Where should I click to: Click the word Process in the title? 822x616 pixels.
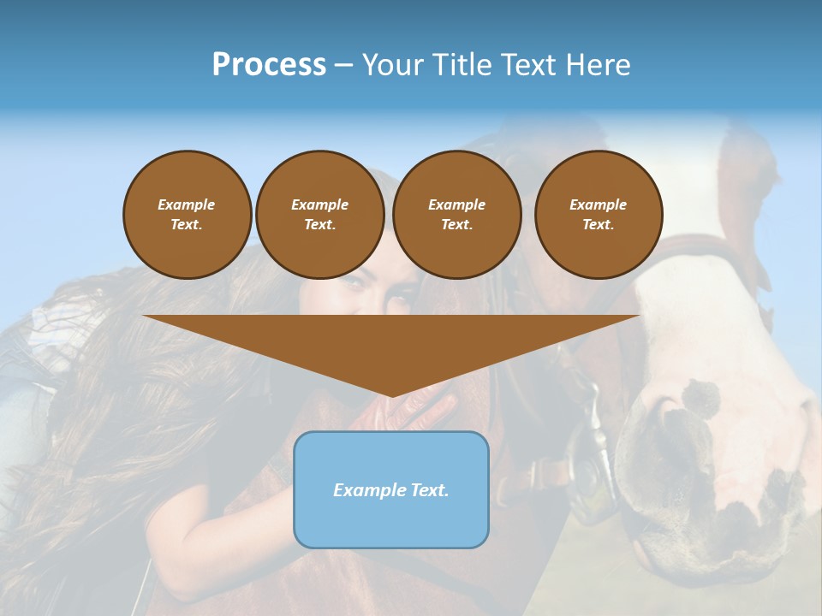269,65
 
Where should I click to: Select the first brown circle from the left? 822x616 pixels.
187,215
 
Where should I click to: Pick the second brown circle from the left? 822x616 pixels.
320,215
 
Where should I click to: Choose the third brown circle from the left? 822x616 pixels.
456,215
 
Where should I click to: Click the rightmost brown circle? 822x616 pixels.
599,215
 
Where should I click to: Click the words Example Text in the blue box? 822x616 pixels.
391,490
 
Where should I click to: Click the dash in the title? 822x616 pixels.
343,65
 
